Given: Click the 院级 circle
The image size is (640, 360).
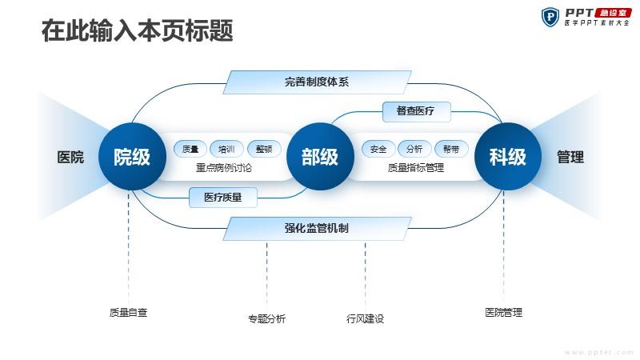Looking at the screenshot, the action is tap(132, 156).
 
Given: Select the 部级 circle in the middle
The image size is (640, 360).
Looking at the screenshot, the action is tap(320, 156).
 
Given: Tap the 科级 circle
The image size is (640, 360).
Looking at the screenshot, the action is tap(508, 156).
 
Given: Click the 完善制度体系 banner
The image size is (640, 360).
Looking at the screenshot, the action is tap(317, 82).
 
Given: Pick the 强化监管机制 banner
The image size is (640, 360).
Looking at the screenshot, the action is tap(317, 228).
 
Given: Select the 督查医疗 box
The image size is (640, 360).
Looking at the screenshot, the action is tap(416, 111).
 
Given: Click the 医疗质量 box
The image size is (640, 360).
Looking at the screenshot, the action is tap(223, 198).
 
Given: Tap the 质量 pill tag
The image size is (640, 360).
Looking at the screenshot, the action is tap(190, 149).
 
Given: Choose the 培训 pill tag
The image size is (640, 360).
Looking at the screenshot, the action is tap(226, 149).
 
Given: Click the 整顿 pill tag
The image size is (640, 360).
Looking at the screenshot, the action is tap(264, 149).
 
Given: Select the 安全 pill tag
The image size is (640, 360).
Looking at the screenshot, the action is tap(378, 149).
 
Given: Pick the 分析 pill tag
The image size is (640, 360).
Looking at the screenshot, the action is tap(414, 149).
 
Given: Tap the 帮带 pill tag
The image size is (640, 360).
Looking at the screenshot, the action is tap(451, 149).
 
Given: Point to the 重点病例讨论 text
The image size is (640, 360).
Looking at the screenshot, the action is tap(224, 168).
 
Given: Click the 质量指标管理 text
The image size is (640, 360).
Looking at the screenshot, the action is tap(415, 168).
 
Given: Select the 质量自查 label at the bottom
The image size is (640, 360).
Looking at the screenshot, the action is tap(128, 313).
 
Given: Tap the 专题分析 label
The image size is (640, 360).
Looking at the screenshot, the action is tap(267, 318).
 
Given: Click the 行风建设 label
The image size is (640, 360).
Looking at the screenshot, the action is tap(366, 318).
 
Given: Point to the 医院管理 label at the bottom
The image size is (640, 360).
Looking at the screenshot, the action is tap(504, 313).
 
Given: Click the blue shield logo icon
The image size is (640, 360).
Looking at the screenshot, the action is tap(550, 17).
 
